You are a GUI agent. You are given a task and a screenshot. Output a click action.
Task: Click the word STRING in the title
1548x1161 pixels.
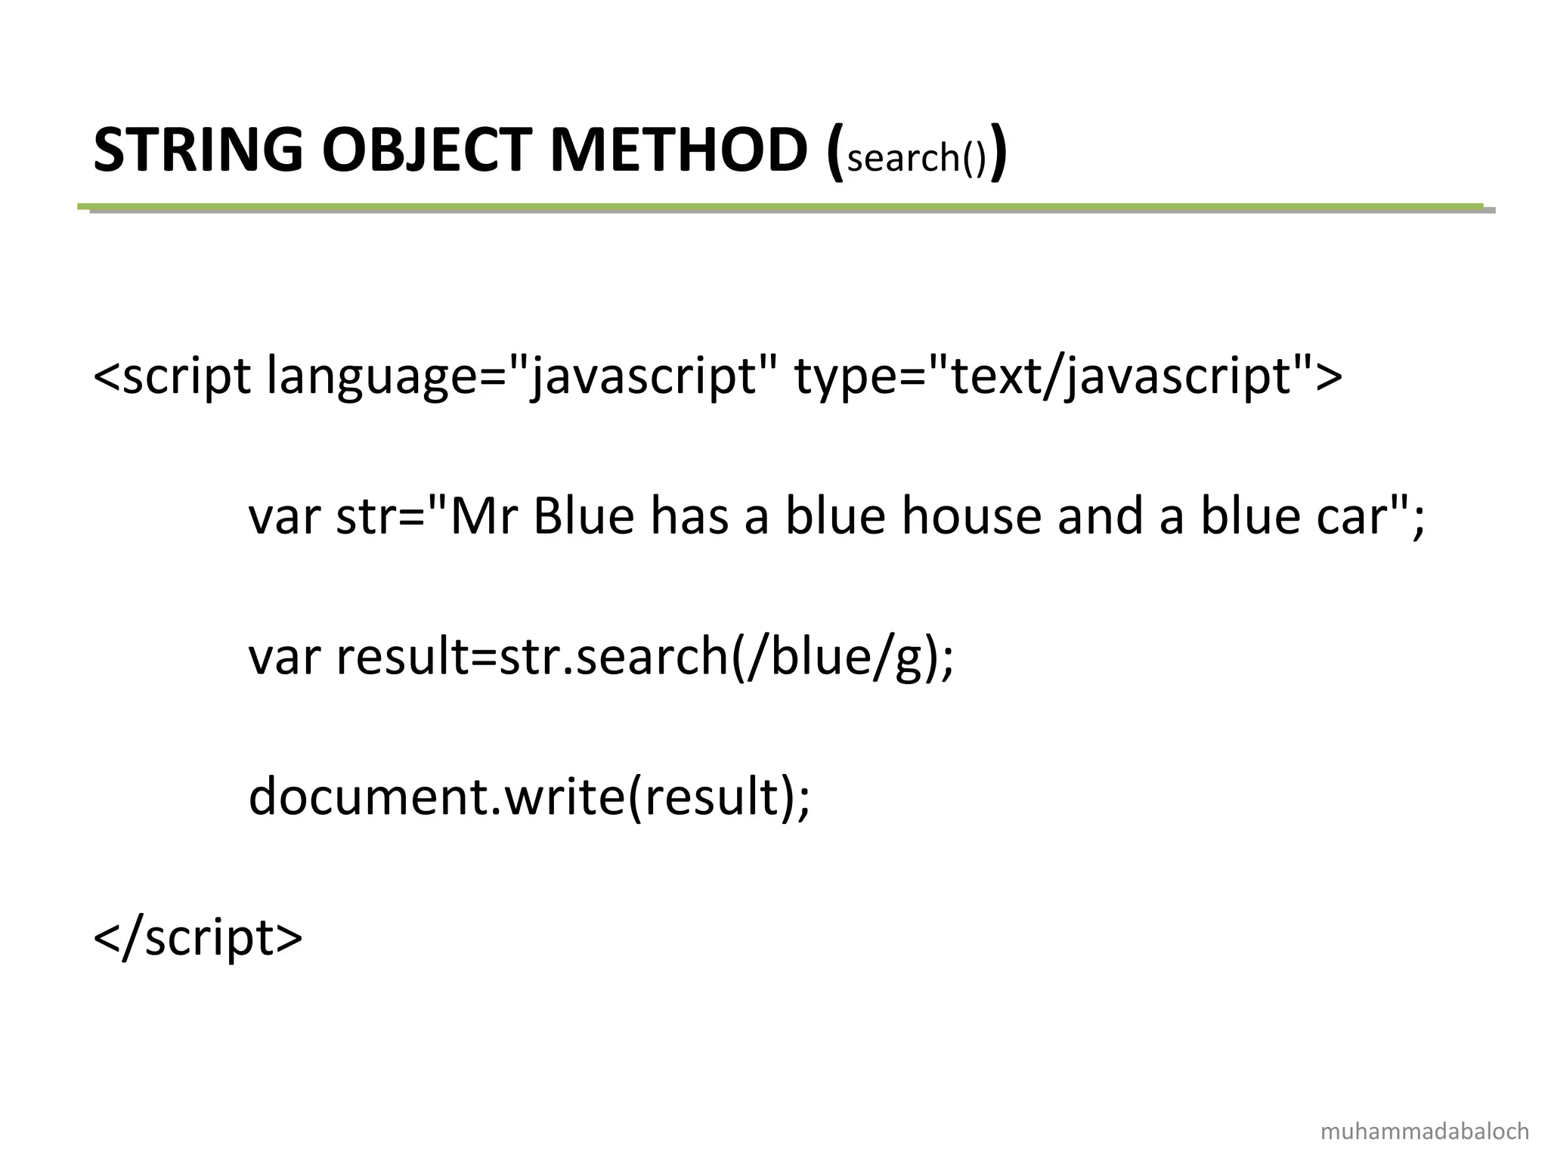click(198, 150)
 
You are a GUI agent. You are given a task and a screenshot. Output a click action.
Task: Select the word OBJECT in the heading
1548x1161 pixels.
click(427, 150)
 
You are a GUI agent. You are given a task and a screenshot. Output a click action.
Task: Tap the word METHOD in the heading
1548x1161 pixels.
click(678, 150)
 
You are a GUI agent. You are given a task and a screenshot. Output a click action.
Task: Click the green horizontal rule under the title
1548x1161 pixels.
click(779, 206)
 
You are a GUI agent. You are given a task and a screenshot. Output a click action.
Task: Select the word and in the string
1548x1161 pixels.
click(1100, 518)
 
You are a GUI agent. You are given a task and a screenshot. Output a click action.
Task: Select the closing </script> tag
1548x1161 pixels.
click(198, 938)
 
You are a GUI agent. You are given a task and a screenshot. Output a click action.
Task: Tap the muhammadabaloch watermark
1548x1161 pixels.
click(1425, 1132)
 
